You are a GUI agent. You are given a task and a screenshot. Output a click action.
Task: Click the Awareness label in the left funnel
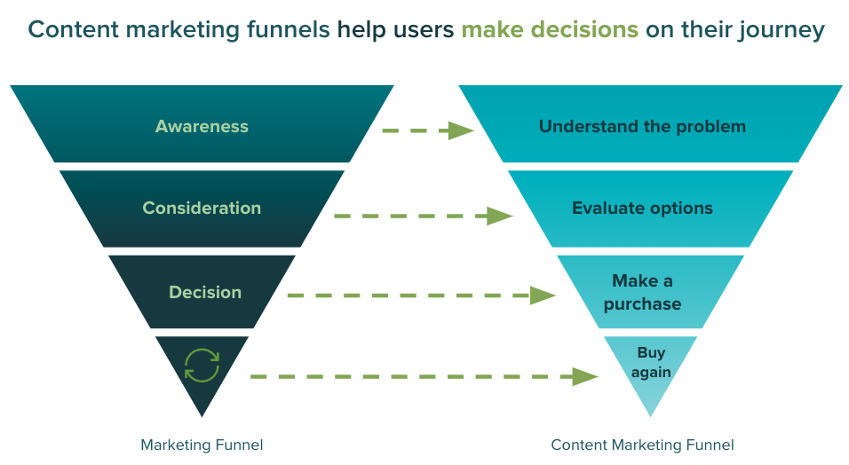click(x=202, y=126)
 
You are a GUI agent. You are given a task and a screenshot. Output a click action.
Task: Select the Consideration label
click(x=202, y=209)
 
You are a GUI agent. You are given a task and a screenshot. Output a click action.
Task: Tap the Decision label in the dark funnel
click(x=205, y=292)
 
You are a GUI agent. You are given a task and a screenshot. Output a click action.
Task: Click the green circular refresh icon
click(x=202, y=365)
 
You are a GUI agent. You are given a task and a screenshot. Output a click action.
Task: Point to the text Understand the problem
click(x=642, y=126)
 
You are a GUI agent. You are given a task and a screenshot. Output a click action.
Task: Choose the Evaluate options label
click(x=642, y=209)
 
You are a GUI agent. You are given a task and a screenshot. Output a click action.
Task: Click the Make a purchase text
click(x=642, y=292)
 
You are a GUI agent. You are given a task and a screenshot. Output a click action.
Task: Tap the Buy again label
click(x=651, y=362)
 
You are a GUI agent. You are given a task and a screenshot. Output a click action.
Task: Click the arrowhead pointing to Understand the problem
click(x=461, y=130)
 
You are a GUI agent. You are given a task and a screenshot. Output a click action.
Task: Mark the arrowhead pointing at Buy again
click(x=585, y=376)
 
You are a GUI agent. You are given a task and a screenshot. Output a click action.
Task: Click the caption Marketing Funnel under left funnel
click(x=202, y=445)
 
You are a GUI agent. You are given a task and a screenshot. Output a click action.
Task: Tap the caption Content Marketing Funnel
click(x=642, y=445)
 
